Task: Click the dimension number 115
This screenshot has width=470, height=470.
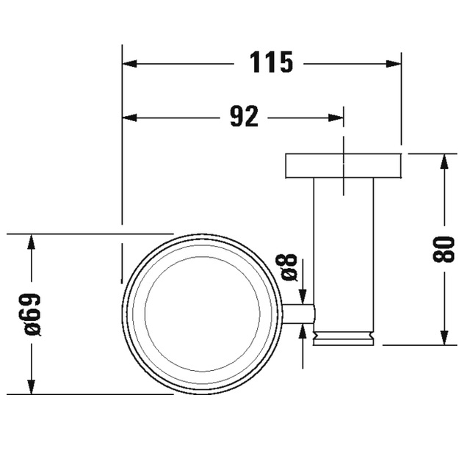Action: click(271, 62)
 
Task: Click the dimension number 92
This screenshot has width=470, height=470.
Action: click(244, 116)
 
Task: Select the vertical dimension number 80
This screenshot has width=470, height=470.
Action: click(444, 249)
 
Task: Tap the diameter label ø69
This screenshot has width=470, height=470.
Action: click(33, 314)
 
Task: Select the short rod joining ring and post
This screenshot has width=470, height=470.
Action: click(298, 314)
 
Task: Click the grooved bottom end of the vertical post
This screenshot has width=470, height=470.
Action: click(343, 338)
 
